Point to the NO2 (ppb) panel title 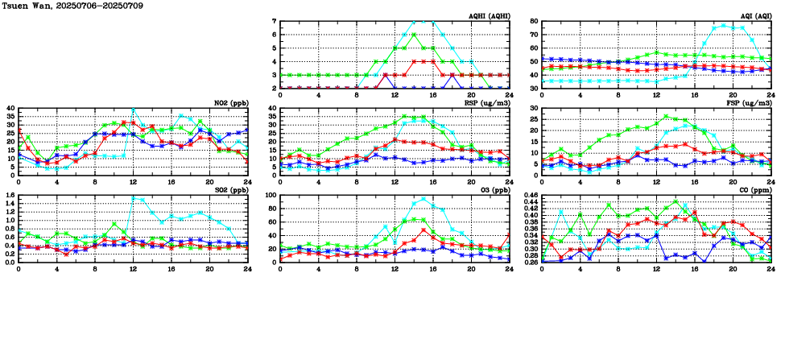(x=229, y=103)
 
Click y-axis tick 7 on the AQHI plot (x=274, y=22)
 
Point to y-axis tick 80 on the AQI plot (x=534, y=22)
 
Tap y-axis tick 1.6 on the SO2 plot (x=9, y=196)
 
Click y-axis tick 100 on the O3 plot (x=271, y=196)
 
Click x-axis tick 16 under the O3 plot (x=433, y=269)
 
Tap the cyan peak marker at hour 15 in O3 (x=423, y=199)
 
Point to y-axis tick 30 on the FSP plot (x=534, y=109)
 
